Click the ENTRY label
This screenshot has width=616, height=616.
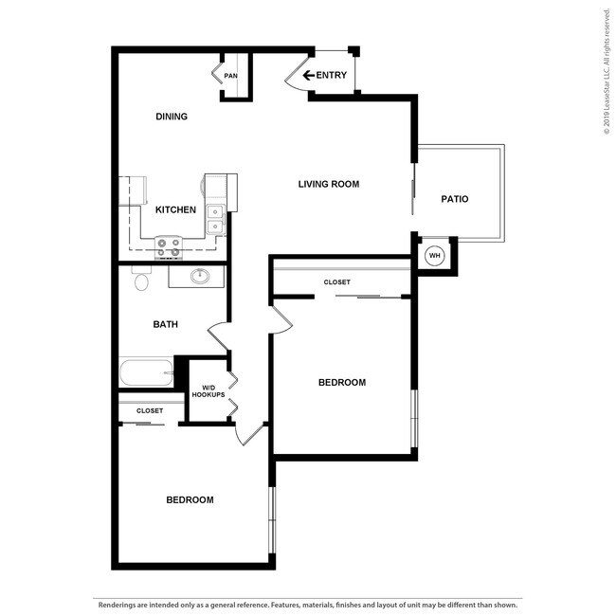331,76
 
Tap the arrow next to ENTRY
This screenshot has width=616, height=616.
308,76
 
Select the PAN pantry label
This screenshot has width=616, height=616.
230,76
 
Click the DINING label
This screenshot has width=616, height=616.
172,117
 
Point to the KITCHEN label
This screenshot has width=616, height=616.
175,209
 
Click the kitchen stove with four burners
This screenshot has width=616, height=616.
169,247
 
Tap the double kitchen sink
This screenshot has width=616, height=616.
217,220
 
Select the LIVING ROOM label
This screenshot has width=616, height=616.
329,184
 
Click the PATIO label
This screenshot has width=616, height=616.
455,199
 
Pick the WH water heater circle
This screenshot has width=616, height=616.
435,255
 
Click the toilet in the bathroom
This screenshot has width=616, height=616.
141,281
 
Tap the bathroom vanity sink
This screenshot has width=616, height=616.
200,277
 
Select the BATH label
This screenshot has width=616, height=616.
166,324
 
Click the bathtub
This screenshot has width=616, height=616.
146,372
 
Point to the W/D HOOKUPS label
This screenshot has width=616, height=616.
208,390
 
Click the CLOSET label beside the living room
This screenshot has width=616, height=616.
336,282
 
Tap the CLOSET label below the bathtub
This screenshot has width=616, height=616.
150,410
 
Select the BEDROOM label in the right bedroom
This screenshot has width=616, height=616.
341,382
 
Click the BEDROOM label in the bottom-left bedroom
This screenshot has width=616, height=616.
190,499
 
